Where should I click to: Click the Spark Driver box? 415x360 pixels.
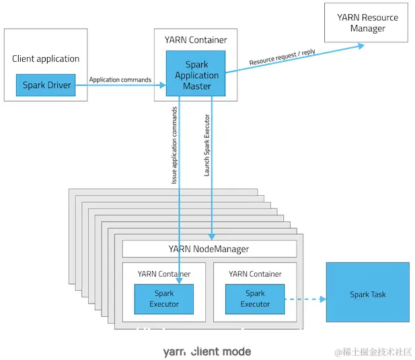click(46, 85)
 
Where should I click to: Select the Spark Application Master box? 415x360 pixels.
click(196, 75)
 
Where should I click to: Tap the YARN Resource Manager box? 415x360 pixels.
click(367, 23)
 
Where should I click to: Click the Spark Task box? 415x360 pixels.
click(367, 294)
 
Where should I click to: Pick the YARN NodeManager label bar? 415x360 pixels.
click(209, 249)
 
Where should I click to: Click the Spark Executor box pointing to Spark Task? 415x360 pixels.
click(255, 299)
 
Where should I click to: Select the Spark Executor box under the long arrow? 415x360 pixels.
click(164, 299)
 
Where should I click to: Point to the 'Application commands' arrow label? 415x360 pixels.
click(120, 80)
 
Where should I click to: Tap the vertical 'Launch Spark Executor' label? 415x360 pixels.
click(207, 141)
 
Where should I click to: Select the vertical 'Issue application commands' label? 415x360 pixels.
click(174, 145)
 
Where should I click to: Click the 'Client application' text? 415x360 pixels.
click(46, 59)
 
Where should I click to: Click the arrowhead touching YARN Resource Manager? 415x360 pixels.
click(361, 46)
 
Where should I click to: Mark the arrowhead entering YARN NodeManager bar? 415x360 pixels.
click(212, 237)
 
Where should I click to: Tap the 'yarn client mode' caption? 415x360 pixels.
click(206, 351)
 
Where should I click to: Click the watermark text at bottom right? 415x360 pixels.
click(373, 351)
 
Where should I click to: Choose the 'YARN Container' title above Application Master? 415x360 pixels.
click(196, 40)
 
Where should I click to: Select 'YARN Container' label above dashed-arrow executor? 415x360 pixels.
click(255, 274)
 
